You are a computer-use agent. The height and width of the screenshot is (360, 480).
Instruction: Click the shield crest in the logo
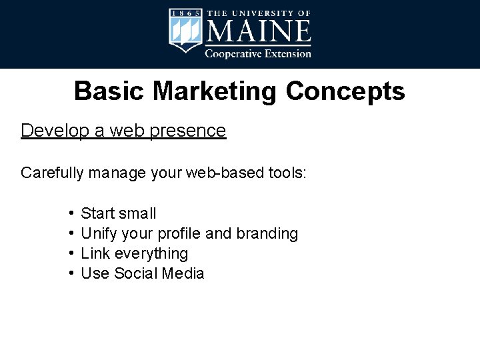pos(185,31)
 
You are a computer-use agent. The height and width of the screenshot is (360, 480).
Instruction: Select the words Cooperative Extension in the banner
pos(257,53)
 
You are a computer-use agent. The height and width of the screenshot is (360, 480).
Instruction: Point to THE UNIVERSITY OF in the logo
pos(258,13)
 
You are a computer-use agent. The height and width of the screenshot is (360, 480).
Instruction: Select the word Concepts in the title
pos(345,91)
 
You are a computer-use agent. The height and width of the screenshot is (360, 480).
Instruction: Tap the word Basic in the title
pos(109,91)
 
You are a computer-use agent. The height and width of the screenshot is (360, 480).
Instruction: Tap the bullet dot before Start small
pos(70,213)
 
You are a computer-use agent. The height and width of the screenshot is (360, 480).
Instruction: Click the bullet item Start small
pos(118,213)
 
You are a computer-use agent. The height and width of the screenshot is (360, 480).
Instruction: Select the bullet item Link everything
pos(134,253)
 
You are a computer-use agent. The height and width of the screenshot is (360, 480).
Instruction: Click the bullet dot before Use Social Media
pos(70,273)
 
